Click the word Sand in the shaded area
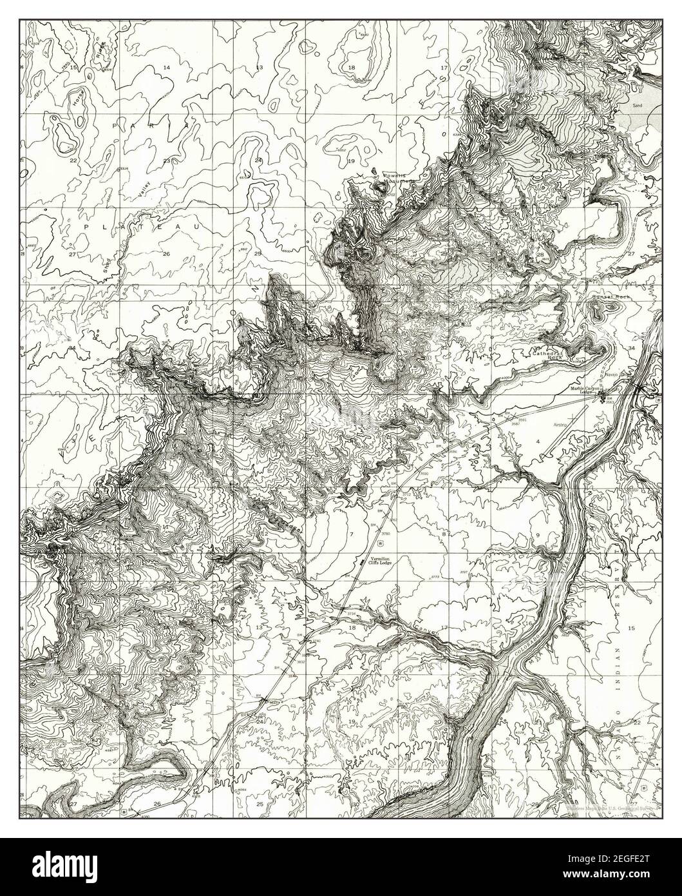tap(638, 103)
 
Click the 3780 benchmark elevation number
tap(386, 534)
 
